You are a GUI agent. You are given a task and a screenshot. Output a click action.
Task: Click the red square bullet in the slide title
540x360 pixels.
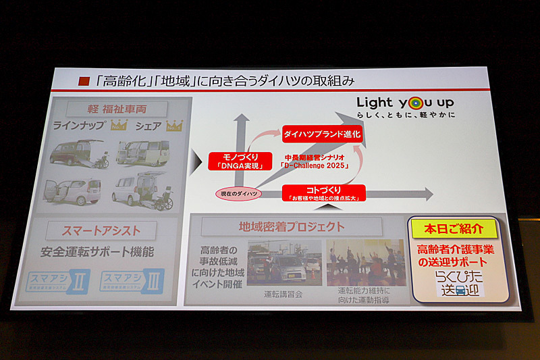pyautogui.click(x=84, y=81)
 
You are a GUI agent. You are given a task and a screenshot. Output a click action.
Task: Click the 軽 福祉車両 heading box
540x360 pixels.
pyautogui.click(x=118, y=108)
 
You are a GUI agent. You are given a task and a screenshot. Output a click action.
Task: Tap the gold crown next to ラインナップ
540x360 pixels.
pyautogui.click(x=119, y=126)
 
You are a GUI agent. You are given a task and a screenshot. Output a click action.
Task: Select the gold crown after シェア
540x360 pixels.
pyautogui.click(x=174, y=126)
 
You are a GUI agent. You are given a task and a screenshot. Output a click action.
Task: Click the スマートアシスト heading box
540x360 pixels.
pyautogui.click(x=101, y=231)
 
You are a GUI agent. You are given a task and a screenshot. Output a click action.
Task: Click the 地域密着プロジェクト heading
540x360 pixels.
pyautogui.click(x=291, y=226)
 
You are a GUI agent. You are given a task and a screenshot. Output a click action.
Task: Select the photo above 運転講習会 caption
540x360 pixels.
pyautogui.click(x=283, y=263)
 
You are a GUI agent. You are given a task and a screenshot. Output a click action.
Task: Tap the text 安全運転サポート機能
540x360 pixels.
pyautogui.click(x=97, y=253)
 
